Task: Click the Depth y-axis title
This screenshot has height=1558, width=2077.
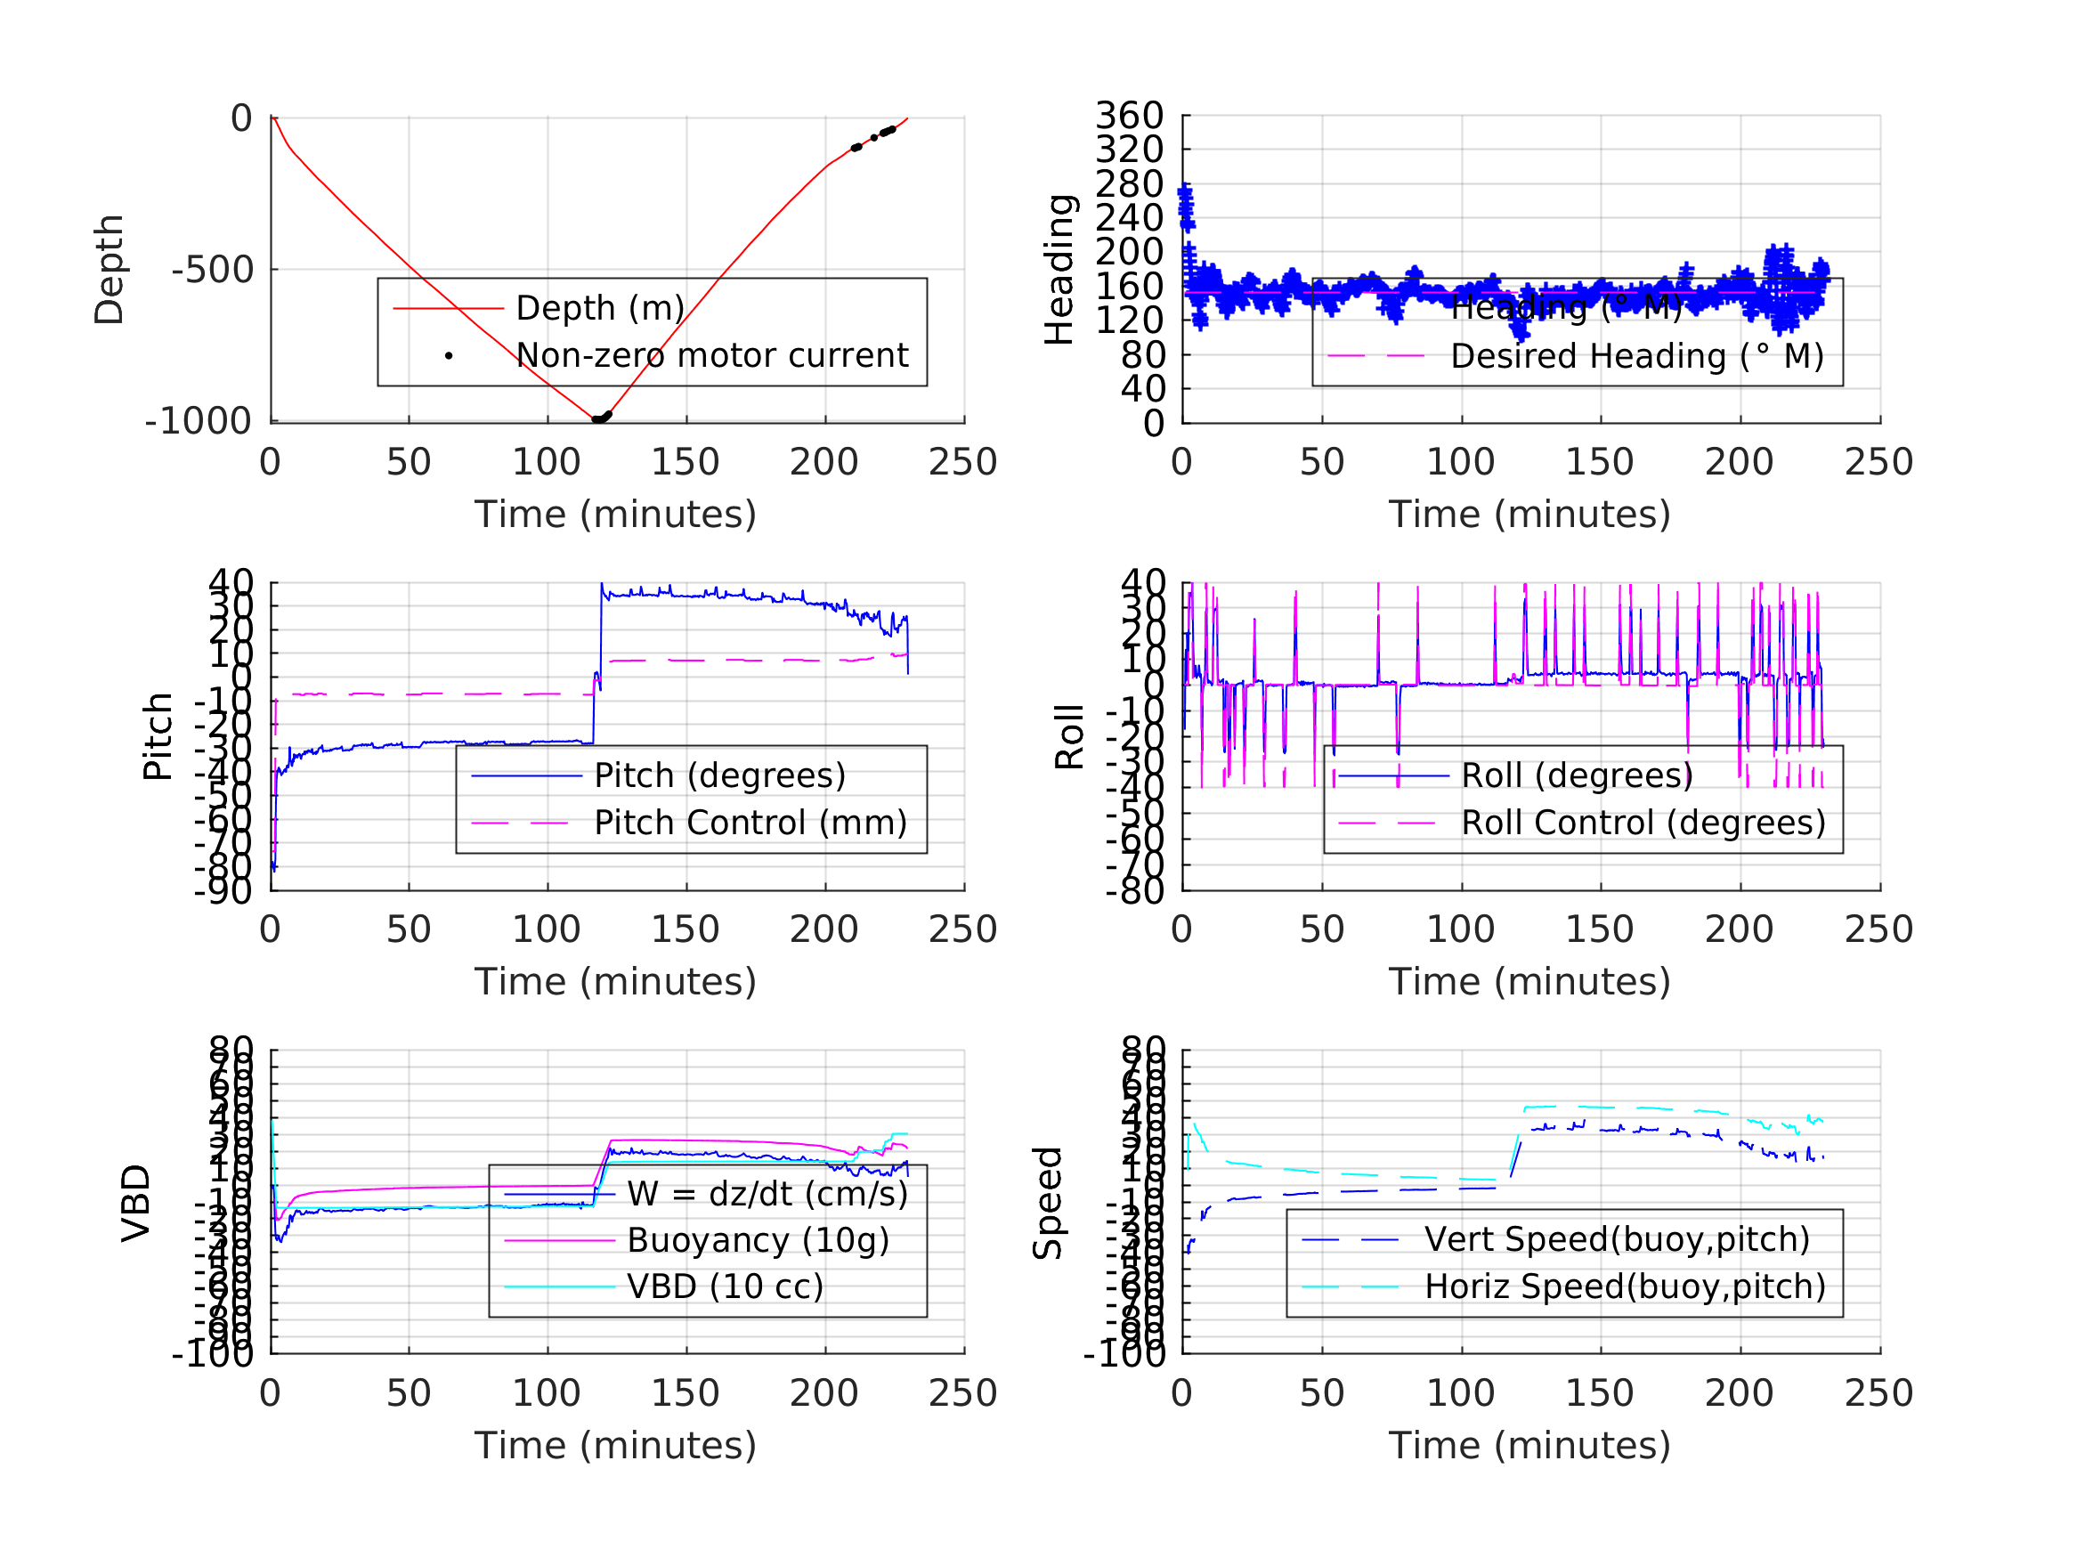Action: click(x=110, y=270)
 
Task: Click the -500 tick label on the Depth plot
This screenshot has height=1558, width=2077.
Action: click(x=212, y=271)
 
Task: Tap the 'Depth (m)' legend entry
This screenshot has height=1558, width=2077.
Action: click(x=600, y=308)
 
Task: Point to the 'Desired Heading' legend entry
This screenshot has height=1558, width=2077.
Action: click(x=1636, y=357)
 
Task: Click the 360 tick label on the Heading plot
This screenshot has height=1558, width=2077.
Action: click(x=1129, y=116)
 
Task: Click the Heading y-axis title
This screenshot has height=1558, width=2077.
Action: click(x=1059, y=270)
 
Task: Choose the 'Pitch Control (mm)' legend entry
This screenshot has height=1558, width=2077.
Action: click(x=750, y=824)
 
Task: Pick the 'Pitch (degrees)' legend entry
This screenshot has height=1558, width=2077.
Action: click(x=719, y=775)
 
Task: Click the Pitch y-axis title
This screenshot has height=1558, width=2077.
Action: click(x=158, y=736)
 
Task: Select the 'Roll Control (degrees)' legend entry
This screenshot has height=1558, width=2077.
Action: click(x=1643, y=824)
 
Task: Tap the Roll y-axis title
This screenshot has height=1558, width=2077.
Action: click(x=1069, y=736)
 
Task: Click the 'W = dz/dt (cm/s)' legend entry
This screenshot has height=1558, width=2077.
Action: click(x=767, y=1195)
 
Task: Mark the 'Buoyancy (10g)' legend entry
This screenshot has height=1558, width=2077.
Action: click(x=758, y=1240)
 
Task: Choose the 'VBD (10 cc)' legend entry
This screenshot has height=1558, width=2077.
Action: click(x=725, y=1286)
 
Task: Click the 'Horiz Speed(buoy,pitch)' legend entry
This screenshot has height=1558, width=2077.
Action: click(x=1625, y=1286)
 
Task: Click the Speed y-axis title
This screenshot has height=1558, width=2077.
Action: click(x=1048, y=1203)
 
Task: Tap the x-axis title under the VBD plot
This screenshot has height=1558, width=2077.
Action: click(x=615, y=1445)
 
